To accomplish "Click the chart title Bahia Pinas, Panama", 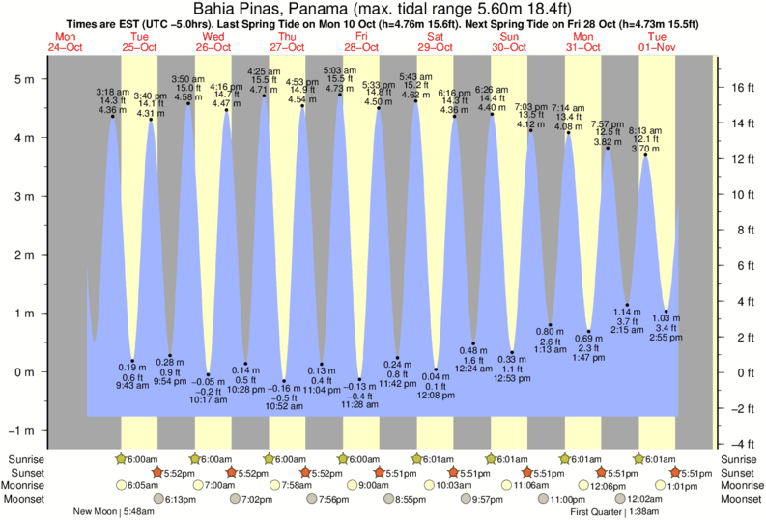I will pos(383,9).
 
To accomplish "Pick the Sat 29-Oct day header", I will pos(436,41).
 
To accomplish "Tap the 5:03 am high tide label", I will pos(339,70).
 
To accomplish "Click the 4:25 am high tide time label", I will pos(264,71).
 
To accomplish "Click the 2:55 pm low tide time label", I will pos(666,341).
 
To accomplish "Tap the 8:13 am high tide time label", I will pos(644,130).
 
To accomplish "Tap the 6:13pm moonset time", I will pos(175,499).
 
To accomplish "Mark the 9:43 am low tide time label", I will pos(132,386).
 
